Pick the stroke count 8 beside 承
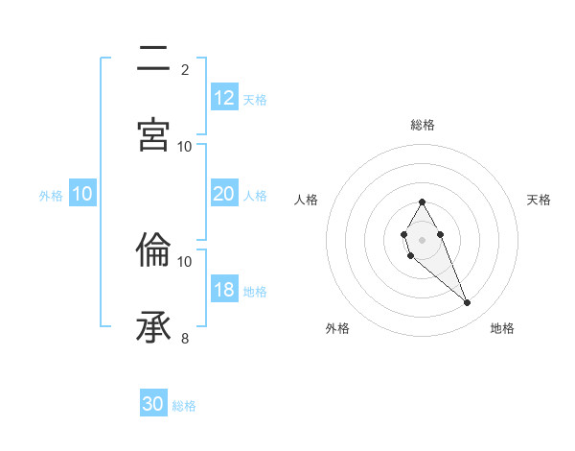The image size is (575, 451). (185, 338)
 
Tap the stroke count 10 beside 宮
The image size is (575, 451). (185, 146)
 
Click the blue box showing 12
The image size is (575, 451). (224, 98)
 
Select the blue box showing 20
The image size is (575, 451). (224, 194)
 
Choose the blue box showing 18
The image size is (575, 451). (224, 290)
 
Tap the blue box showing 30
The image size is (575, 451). (153, 404)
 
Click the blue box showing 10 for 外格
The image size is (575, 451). (82, 194)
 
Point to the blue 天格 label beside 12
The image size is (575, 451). (255, 100)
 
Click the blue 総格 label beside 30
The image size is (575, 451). (184, 406)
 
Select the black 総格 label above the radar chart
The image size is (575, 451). (423, 125)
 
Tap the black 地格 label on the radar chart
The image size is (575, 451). (502, 328)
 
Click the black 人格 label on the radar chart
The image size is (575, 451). (307, 200)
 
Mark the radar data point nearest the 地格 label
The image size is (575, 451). (468, 303)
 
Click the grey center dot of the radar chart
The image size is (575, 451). (422, 239)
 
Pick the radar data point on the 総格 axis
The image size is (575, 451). (422, 202)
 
